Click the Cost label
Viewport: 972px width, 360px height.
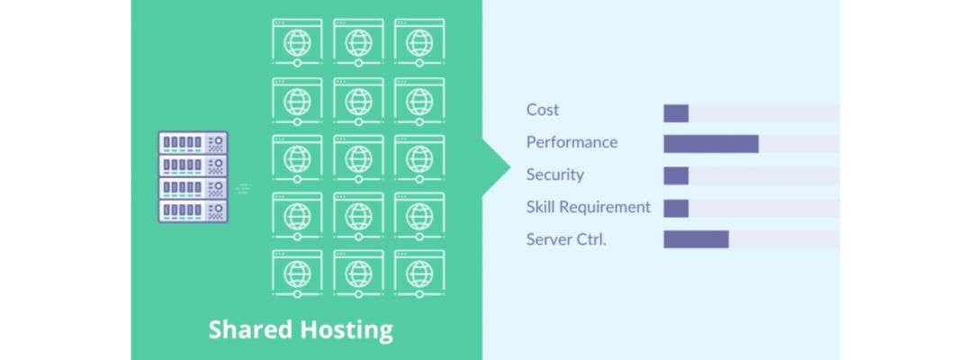coord(543,110)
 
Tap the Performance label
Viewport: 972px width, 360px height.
coord(571,142)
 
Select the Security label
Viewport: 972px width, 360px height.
coord(554,175)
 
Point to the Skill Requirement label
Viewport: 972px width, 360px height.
coord(588,207)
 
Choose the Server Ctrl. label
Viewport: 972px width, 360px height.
coord(566,239)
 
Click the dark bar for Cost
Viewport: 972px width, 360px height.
coord(676,113)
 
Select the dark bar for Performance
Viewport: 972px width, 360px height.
coord(711,144)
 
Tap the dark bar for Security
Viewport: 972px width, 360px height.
coord(676,175)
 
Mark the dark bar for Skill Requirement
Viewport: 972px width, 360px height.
coord(676,208)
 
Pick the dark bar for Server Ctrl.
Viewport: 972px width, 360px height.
coord(696,239)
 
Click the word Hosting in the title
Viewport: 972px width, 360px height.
coord(346,329)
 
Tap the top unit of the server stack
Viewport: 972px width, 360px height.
coord(193,142)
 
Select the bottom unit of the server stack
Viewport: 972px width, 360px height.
coord(193,211)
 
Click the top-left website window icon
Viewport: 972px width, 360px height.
coord(297,41)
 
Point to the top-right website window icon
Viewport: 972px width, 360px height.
coord(418,41)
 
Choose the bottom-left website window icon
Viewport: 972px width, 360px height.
coord(297,272)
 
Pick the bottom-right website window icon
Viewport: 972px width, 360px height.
coord(418,272)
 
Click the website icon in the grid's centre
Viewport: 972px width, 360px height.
coord(358,157)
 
